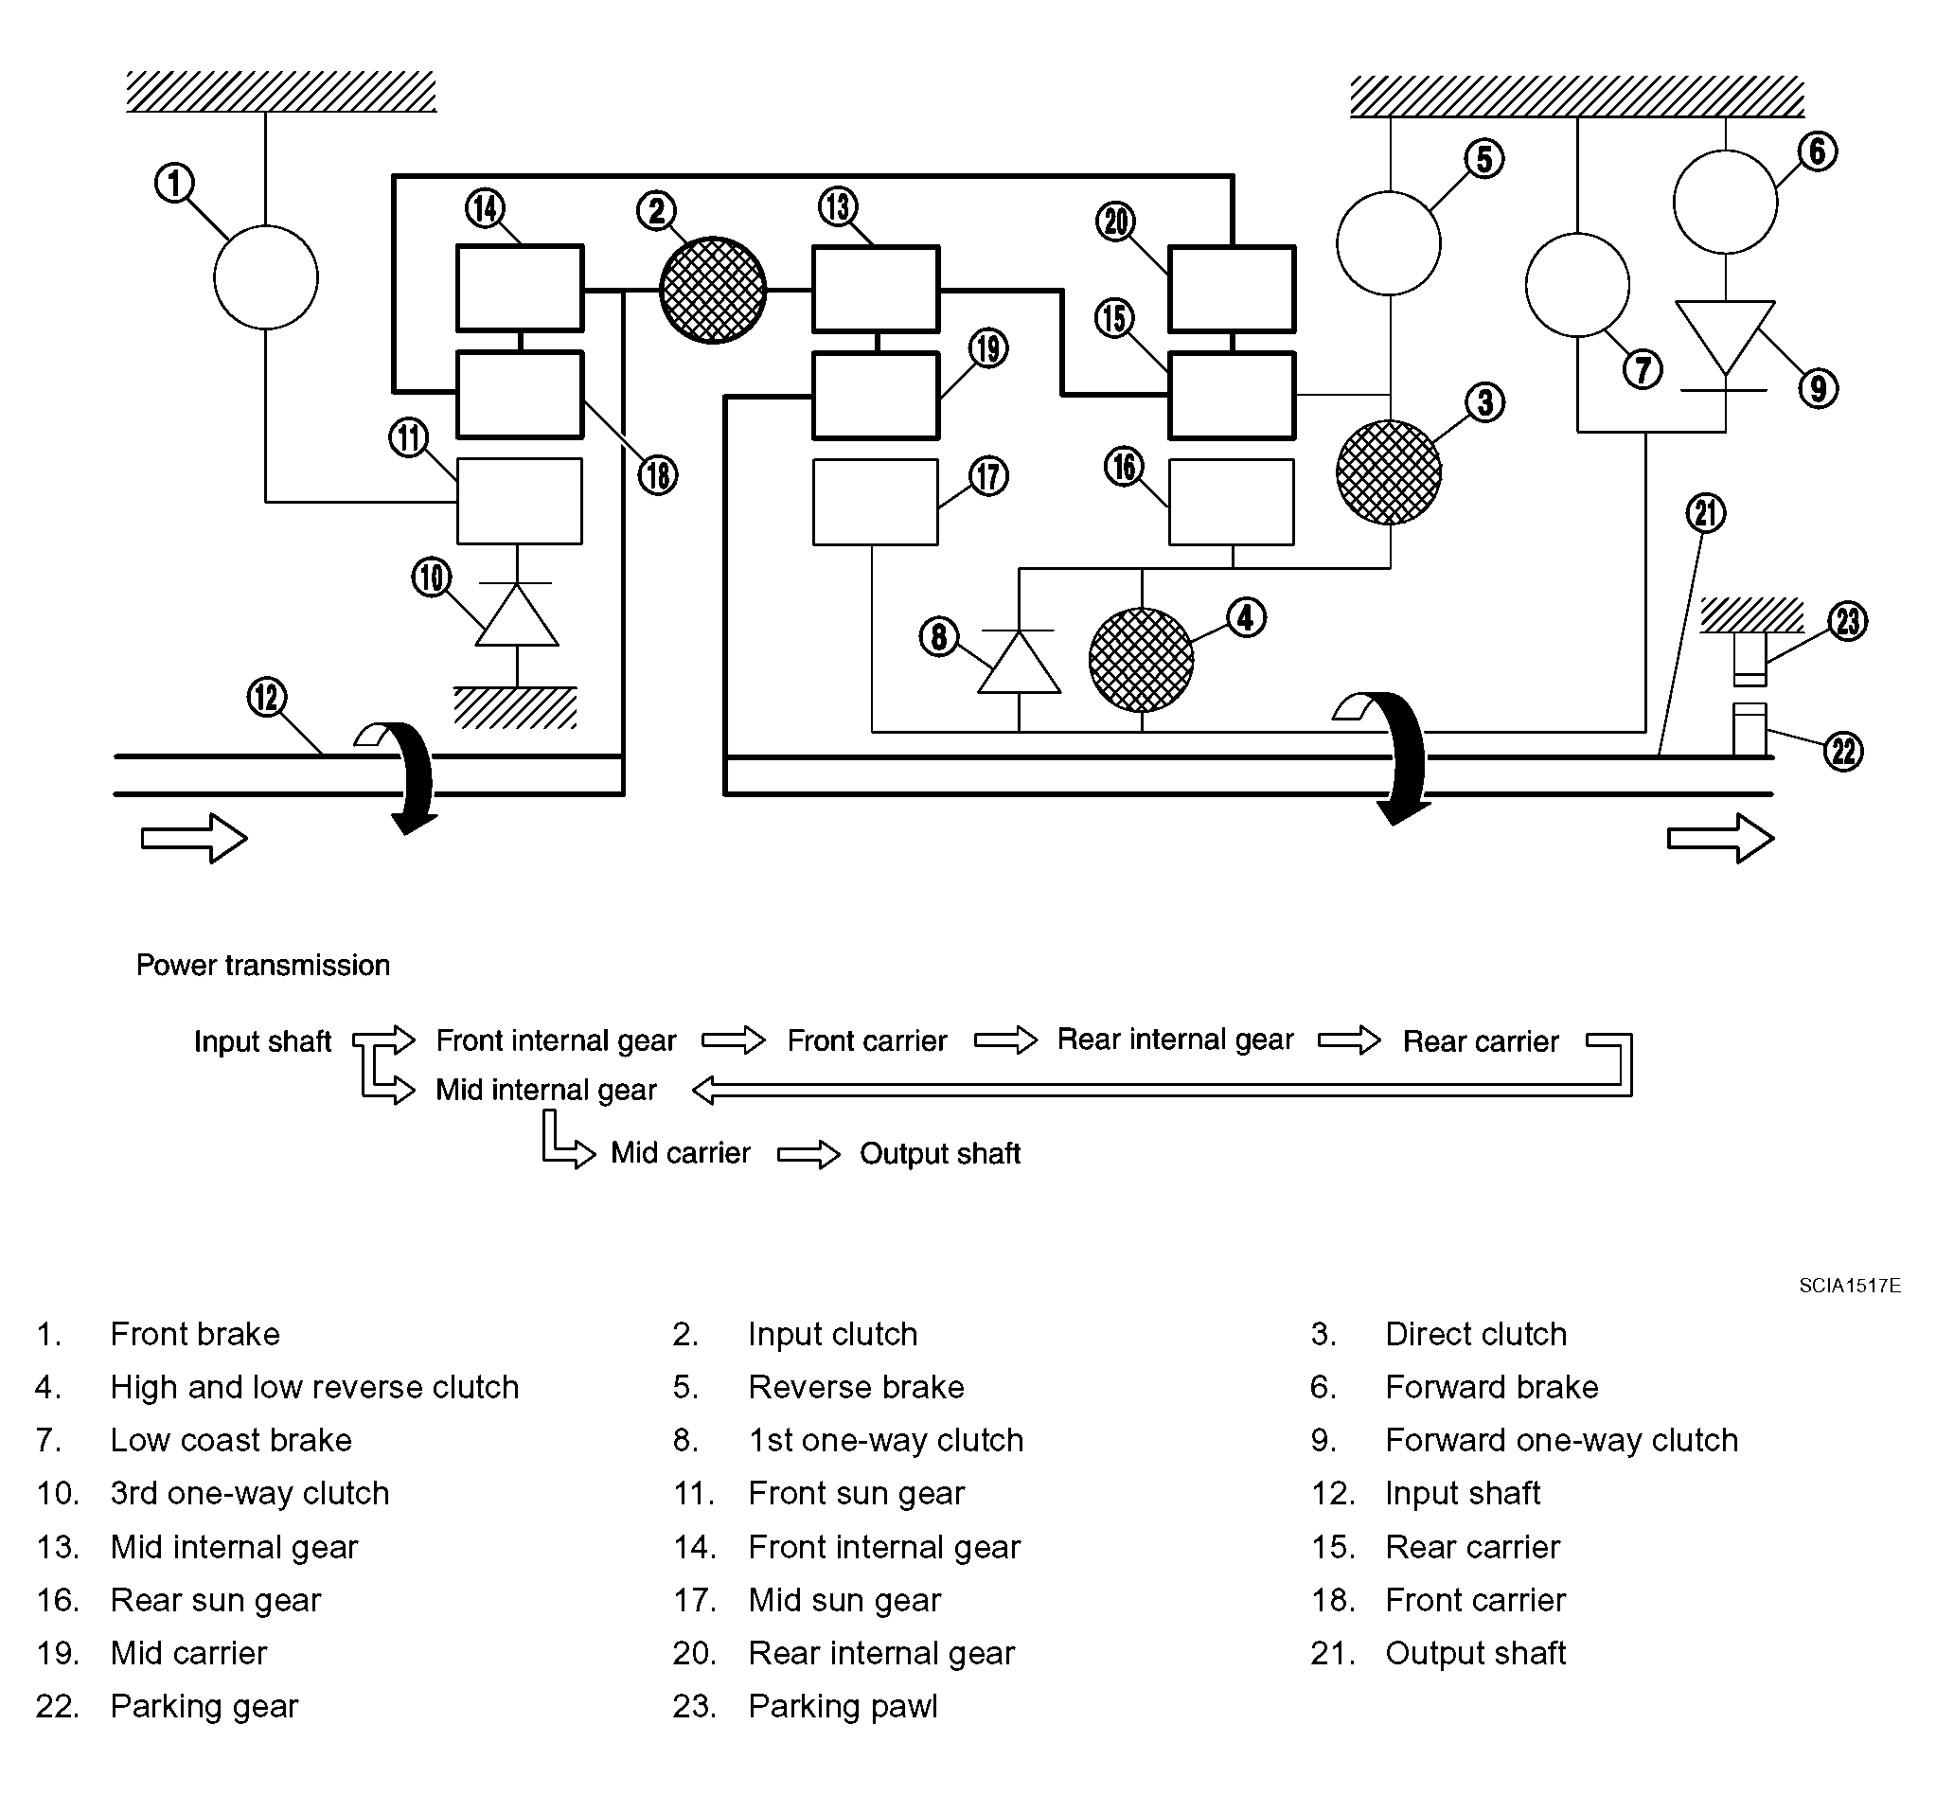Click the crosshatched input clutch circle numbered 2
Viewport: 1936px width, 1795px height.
(712, 290)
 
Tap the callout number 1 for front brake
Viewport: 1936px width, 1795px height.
(175, 183)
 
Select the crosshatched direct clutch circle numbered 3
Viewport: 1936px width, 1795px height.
(1388, 472)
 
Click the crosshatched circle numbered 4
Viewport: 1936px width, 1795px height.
(1142, 660)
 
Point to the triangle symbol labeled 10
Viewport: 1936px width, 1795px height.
(517, 614)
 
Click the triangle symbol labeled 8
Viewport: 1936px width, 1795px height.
(1019, 662)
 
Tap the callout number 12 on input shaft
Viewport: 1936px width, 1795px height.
(267, 697)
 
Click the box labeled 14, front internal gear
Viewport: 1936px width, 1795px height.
(520, 289)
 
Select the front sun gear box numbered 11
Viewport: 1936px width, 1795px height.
(520, 501)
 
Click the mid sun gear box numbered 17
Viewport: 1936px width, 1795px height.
(876, 502)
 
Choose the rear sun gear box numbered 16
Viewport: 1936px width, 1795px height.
(1231, 502)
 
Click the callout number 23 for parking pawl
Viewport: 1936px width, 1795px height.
(1848, 621)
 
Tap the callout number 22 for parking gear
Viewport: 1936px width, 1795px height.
(1844, 752)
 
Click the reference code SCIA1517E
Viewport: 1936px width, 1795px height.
(1850, 1285)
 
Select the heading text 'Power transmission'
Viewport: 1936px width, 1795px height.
(263, 965)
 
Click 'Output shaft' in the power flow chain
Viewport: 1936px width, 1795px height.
(939, 1153)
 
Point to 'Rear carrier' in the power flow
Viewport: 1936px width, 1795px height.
(1481, 1041)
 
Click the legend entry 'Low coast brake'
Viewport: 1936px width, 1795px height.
(231, 1439)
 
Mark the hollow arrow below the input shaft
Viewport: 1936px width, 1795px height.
(194, 837)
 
